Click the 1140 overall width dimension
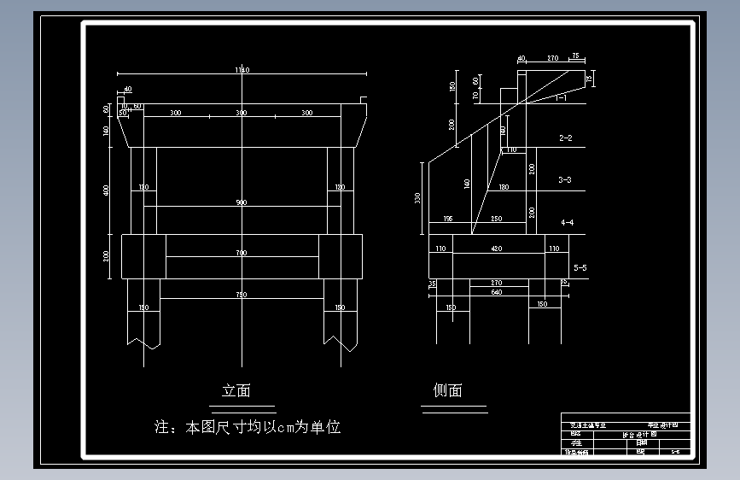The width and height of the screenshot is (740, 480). coord(242,70)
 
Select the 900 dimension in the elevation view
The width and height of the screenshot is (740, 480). coord(242,202)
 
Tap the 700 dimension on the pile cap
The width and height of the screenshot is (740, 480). coord(242,253)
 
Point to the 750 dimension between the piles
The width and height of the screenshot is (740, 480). coord(242,295)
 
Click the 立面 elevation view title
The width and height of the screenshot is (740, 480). coord(236,391)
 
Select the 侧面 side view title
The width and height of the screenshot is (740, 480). coord(447,391)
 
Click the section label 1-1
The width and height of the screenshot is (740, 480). coord(561,98)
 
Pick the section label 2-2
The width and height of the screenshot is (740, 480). coord(565,138)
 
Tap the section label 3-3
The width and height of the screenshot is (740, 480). coord(565,180)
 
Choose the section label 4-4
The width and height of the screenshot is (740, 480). coord(567,223)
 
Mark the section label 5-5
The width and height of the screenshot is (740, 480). coord(580,267)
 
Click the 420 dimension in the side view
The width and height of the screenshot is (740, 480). coord(498,249)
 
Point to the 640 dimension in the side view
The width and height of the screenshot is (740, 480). coord(498,292)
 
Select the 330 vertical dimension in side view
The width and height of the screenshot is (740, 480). coord(417,198)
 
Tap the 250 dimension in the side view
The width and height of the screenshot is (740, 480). coord(497,219)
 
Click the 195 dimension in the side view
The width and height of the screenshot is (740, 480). coord(448,219)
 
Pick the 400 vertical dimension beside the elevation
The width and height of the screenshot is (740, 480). coord(107,190)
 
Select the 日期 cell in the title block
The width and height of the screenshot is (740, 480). coord(642,442)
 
